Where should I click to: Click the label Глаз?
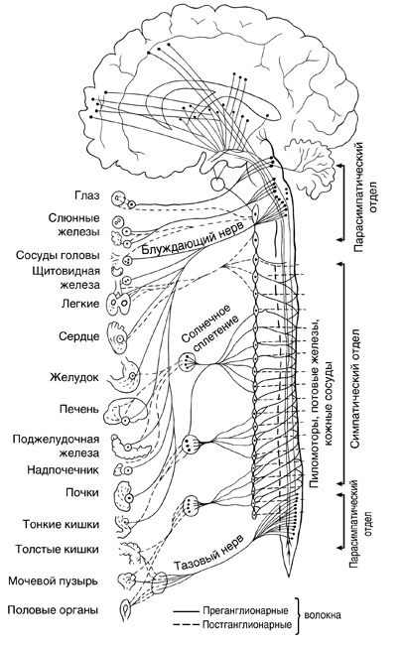point(87,195)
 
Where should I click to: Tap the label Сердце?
point(79,336)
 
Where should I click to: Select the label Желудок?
point(74,377)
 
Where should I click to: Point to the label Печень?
point(78,409)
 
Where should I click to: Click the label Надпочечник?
point(63,469)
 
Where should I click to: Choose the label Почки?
point(82,492)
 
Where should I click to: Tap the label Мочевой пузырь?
point(53,581)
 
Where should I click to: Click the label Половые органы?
point(53,610)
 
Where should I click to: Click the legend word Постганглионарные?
point(247,625)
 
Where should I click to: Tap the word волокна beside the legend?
point(323,616)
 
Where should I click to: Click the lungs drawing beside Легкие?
point(118,304)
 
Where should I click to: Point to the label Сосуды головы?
point(58,255)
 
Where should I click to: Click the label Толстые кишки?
point(58,550)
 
